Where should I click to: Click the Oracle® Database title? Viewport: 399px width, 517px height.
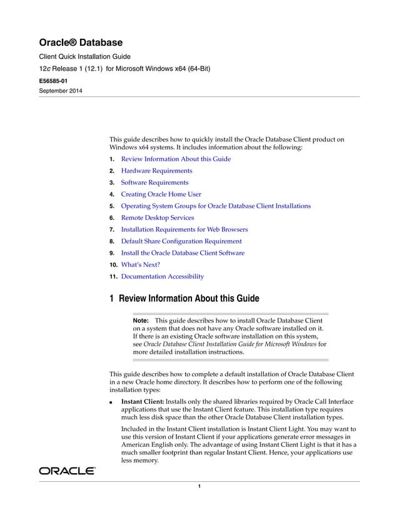click(81, 43)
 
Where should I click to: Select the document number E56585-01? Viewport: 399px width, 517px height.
click(58, 81)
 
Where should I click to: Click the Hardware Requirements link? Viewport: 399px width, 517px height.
click(156, 170)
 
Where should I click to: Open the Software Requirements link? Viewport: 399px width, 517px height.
click(154, 182)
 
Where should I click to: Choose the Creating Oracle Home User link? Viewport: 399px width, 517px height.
click(161, 194)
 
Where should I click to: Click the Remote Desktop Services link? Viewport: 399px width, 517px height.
click(157, 218)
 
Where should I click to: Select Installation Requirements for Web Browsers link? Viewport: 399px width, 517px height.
click(184, 229)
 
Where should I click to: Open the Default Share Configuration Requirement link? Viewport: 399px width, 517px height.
click(181, 241)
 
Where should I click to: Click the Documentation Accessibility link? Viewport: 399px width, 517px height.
click(162, 276)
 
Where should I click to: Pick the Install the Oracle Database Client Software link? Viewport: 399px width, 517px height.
click(182, 253)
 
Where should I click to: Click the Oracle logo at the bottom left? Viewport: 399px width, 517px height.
click(67, 470)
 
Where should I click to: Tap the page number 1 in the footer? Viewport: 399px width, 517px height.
click(199, 486)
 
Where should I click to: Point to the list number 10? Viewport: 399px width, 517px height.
click(113, 264)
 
